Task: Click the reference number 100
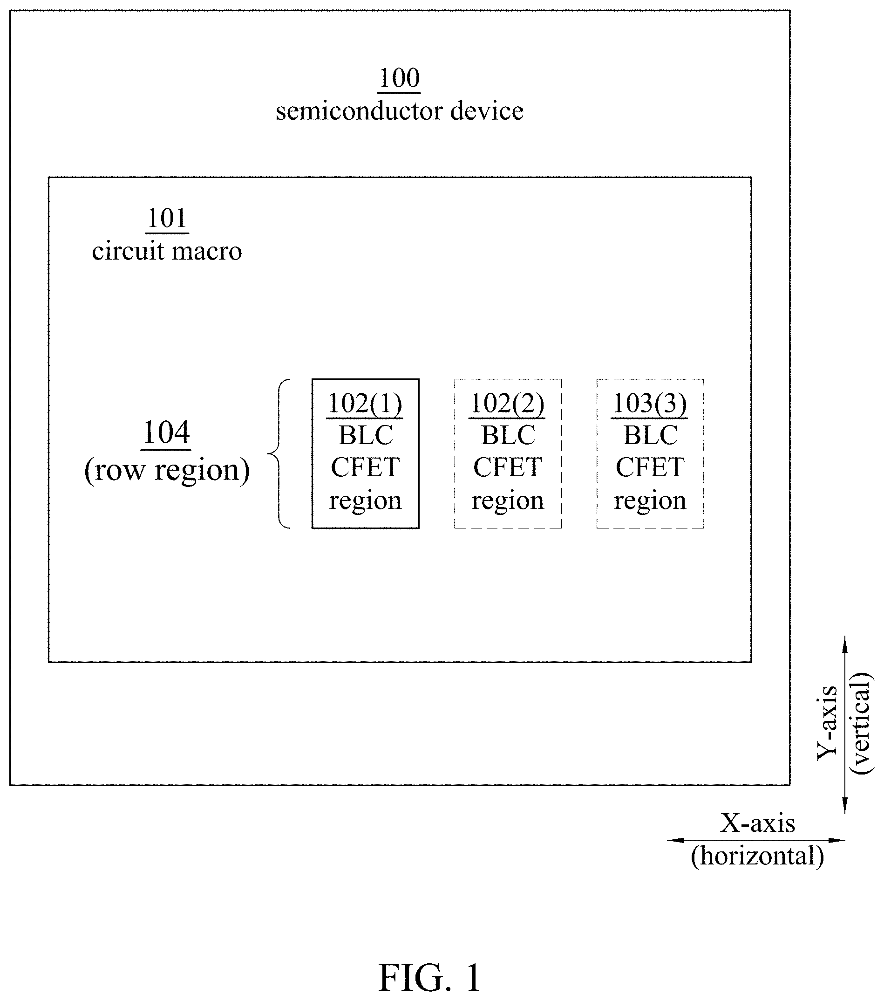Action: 400,78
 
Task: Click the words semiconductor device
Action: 400,111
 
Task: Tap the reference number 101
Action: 167,219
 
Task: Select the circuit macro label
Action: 167,251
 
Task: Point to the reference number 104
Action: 166,433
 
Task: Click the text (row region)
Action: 167,470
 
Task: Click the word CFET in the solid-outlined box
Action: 365,467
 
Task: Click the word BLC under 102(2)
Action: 508,435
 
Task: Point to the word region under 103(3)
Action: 650,500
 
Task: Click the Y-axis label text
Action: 827,723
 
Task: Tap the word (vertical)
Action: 861,723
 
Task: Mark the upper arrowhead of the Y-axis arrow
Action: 845,643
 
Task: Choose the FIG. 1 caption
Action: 430,978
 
